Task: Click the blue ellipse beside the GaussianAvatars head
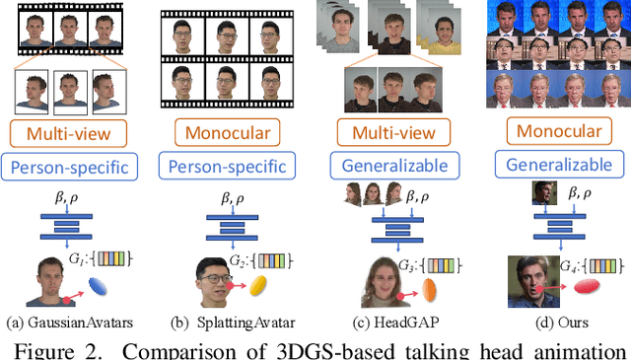point(101,286)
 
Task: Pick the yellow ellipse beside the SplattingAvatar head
point(259,286)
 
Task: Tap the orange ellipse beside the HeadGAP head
point(429,288)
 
